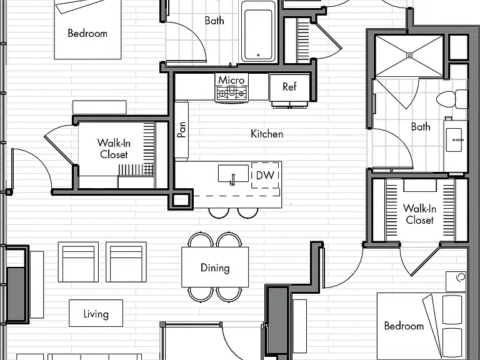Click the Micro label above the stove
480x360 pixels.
click(x=231, y=80)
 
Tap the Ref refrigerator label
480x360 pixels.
click(x=289, y=87)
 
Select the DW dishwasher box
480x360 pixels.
click(x=265, y=175)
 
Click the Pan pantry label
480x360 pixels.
click(x=181, y=130)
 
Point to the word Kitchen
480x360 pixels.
click(x=267, y=134)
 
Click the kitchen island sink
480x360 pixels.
click(x=233, y=174)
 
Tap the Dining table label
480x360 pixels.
click(x=215, y=268)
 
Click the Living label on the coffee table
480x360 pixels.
click(x=96, y=314)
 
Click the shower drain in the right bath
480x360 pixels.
click(x=409, y=56)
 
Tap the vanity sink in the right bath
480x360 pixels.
click(x=454, y=140)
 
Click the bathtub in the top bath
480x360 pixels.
click(x=258, y=31)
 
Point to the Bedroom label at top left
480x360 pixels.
click(x=87, y=33)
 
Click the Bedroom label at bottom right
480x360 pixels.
click(x=404, y=326)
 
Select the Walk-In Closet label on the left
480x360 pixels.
click(x=114, y=149)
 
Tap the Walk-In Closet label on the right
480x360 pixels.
click(x=419, y=214)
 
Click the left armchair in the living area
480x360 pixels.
click(x=78, y=262)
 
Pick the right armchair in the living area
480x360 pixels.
click(x=126, y=262)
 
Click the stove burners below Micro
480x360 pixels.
click(x=231, y=93)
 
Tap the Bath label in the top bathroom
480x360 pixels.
click(x=214, y=21)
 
